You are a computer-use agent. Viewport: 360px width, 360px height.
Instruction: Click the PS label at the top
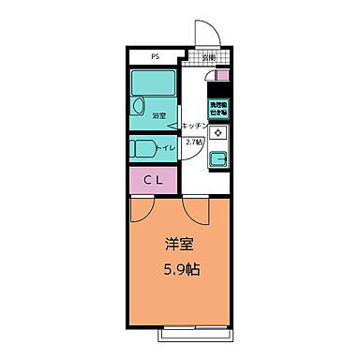(155, 56)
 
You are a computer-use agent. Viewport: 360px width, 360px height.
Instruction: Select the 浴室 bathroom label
(158, 115)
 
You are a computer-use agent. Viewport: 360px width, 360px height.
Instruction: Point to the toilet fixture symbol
(145, 147)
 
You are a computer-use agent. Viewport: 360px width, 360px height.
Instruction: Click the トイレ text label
(169, 147)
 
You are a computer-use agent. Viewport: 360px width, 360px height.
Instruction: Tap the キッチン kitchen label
(195, 125)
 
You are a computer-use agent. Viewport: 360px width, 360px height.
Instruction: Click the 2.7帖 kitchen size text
(193, 142)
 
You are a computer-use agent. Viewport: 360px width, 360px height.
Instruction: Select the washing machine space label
(218, 110)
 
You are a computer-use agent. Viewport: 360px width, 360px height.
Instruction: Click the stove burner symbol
(217, 133)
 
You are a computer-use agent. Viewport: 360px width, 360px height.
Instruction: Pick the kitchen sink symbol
(217, 158)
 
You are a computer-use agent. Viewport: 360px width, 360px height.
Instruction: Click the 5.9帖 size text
(182, 269)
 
